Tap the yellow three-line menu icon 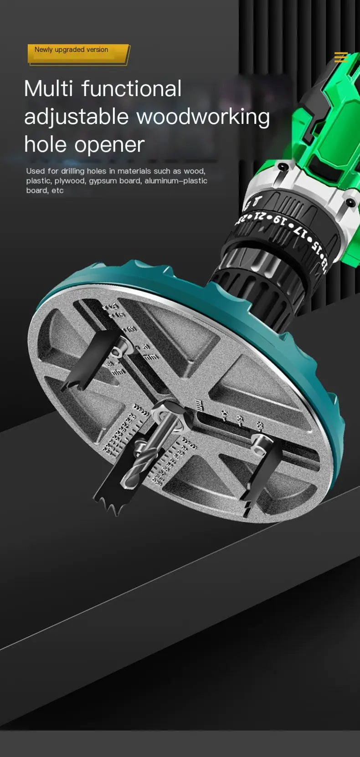click(x=340, y=57)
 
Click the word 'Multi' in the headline click(x=48, y=88)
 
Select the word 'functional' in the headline click(x=132, y=88)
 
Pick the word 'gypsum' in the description click(x=103, y=181)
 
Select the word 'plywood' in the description click(x=70, y=181)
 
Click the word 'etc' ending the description click(x=57, y=190)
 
